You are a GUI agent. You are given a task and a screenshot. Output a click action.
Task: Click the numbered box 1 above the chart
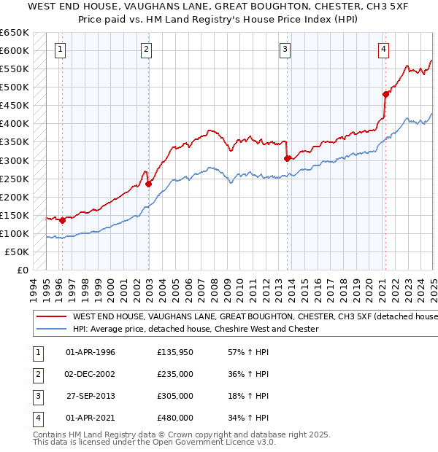pyautogui.click(x=59, y=50)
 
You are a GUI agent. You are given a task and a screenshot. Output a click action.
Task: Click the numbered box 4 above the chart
pyautogui.click(x=383, y=50)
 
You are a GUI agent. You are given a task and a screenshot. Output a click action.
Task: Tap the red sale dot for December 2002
pyautogui.click(x=148, y=184)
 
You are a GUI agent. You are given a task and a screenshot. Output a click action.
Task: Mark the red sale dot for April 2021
pyautogui.click(x=385, y=94)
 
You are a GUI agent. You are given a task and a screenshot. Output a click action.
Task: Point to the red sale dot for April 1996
pyautogui.click(x=62, y=220)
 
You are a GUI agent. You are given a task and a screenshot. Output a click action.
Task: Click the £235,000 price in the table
pyautogui.click(x=175, y=374)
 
